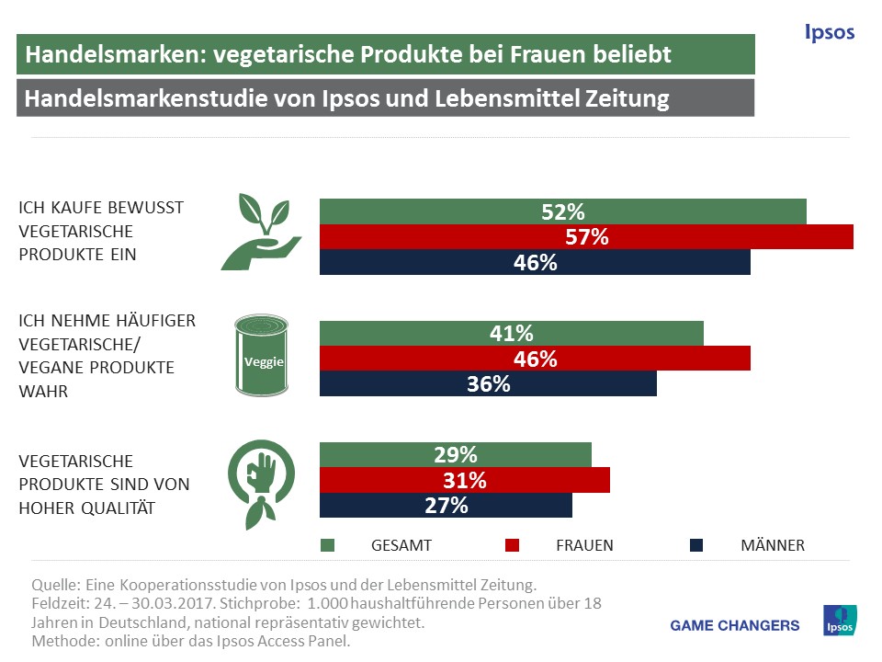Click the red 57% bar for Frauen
pos(586,237)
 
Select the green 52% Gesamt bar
pos(562,211)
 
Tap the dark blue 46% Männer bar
pos(535,263)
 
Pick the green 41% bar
pos(511,334)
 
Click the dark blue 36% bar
pos(488,384)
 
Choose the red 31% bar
pos(464,480)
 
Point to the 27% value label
pos(446,506)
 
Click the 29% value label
pos(455,454)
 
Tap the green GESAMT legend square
pos(327,545)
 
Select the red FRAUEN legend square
pos(513,545)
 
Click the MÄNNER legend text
pos(772,545)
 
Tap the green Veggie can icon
pos(264,355)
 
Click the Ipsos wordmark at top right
pos(829,33)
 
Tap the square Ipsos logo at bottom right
pos(841,621)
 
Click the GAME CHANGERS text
pos(735,625)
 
